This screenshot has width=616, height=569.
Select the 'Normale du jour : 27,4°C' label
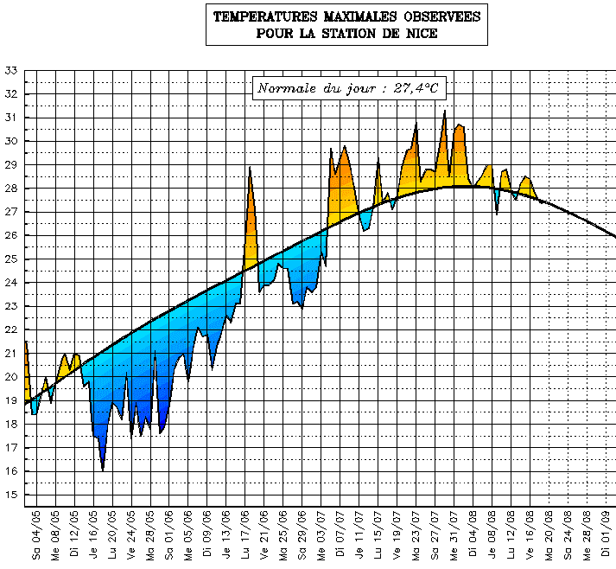348,88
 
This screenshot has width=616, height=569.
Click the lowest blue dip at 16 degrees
103,470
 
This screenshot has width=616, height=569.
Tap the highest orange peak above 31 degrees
445,112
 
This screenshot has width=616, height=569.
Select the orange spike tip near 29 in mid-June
250,168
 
